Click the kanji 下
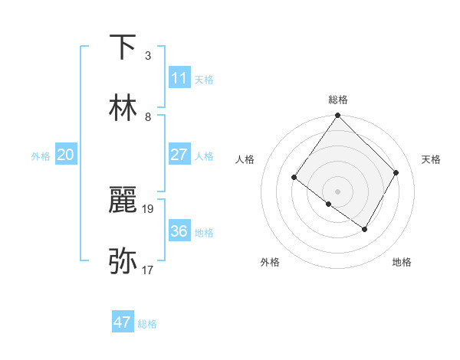[x=123, y=47]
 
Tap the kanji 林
[x=123, y=108]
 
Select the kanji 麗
[x=123, y=201]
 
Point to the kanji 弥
[x=123, y=261]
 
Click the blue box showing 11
[x=179, y=77]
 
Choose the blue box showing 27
[x=179, y=155]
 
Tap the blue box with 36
[x=179, y=231]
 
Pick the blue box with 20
[x=66, y=155]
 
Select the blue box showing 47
[x=123, y=322]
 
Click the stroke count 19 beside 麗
[x=148, y=208]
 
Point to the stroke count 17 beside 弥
[x=148, y=270]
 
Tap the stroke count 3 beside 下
[x=148, y=56]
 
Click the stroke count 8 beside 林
[x=148, y=117]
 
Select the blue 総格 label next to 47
[x=147, y=324]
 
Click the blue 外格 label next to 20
[x=41, y=156]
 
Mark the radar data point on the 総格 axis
[x=337, y=116]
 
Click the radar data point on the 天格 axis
[x=396, y=172]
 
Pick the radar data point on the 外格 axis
[x=329, y=204]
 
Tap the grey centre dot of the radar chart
[x=337, y=191]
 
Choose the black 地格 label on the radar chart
[x=402, y=262]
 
